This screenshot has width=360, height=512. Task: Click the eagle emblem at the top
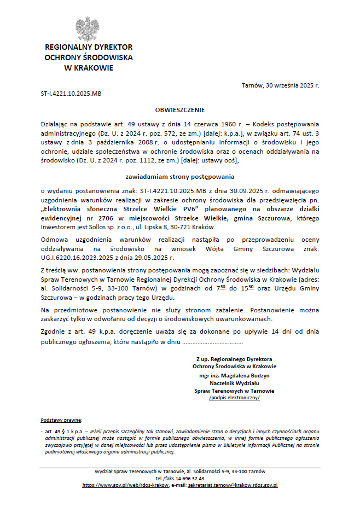(88, 28)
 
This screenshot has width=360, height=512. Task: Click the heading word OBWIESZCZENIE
(180, 110)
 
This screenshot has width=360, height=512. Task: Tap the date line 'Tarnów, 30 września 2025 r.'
(280, 86)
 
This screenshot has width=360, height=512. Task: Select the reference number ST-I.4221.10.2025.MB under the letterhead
(71, 94)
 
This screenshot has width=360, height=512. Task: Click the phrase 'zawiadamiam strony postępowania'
(180, 177)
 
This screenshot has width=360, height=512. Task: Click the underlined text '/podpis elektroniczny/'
(234, 398)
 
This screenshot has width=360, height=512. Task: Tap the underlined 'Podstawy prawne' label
(61, 420)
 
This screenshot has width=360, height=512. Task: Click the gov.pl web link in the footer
(125, 485)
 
